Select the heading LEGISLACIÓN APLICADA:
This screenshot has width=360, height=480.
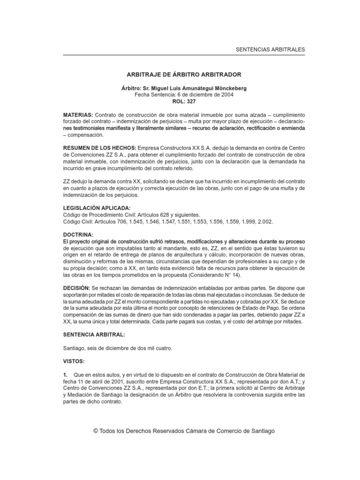point(97,207)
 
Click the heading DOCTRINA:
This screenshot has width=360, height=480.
point(78,233)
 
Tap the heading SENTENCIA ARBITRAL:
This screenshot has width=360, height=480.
point(95,335)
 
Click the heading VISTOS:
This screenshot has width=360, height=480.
point(75,362)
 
